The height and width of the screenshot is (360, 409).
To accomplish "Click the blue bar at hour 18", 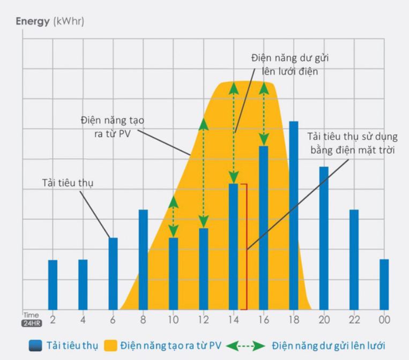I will tap(293, 214).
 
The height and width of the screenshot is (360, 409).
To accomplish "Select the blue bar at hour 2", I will tap(53, 284).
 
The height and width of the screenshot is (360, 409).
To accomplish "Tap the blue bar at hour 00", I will tap(384, 284).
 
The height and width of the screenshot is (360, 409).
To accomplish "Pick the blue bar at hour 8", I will tap(143, 259).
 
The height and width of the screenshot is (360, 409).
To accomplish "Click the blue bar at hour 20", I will tap(323, 238).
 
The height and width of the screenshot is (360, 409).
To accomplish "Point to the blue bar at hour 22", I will tap(354, 259).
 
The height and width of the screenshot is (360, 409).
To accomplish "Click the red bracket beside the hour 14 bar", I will tap(246, 246).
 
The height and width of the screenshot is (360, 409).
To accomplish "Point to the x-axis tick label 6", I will tap(113, 320).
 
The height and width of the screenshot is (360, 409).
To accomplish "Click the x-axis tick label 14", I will tap(233, 320).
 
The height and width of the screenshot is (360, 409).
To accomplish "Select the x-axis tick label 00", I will tap(384, 320).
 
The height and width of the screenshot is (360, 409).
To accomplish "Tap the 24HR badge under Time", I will tap(31, 324).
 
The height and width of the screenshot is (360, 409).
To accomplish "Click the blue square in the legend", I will tap(35, 346).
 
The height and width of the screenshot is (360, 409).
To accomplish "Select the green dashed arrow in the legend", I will tap(246, 346).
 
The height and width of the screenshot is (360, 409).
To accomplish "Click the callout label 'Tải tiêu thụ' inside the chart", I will tap(68, 183).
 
